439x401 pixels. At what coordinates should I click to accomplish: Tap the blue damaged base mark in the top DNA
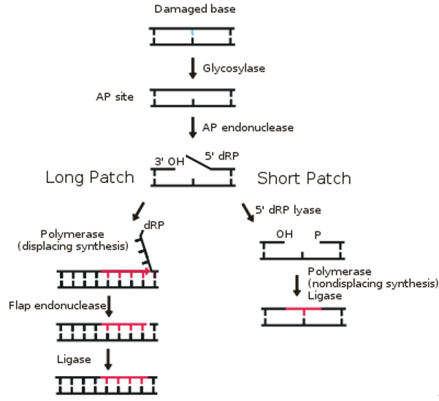(x=193, y=34)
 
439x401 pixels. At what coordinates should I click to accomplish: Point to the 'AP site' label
(x=115, y=97)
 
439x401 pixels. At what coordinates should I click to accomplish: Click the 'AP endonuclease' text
(x=248, y=127)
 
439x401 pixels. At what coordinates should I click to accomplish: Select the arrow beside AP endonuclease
(x=193, y=127)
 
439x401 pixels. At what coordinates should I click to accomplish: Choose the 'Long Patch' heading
(x=89, y=178)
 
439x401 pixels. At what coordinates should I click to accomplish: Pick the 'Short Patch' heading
(x=304, y=179)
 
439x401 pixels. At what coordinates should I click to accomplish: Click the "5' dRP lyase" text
(x=290, y=211)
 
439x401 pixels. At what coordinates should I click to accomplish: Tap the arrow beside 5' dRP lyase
(x=249, y=211)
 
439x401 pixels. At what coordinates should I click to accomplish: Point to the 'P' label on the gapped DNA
(x=318, y=236)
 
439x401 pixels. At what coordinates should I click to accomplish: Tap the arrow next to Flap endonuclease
(x=107, y=306)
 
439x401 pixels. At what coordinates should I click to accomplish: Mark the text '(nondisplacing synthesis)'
(x=373, y=282)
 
